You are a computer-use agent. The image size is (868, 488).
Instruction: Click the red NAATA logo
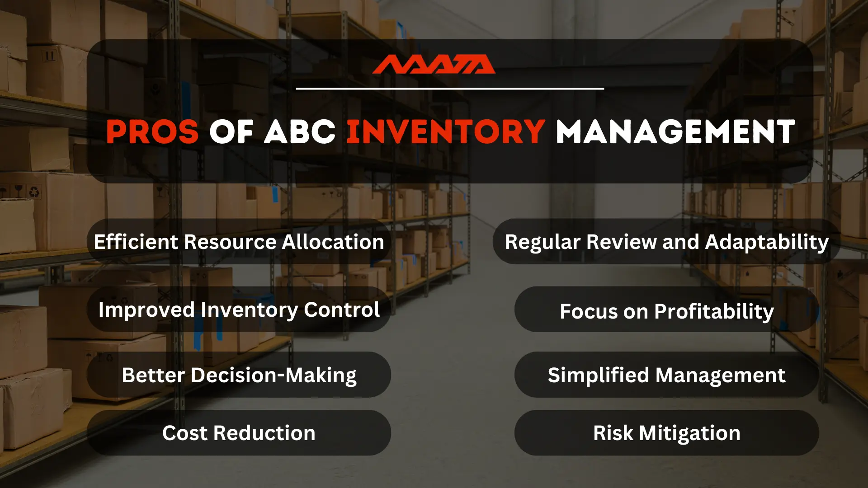434,65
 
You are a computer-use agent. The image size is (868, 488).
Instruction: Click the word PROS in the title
152,132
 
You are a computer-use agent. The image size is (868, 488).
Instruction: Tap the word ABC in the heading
300,132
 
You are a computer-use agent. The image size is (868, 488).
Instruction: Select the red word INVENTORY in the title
446,132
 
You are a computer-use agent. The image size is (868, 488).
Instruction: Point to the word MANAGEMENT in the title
675,132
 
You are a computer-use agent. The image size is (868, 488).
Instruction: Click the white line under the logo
450,89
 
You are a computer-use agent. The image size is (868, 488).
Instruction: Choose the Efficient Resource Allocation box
239,242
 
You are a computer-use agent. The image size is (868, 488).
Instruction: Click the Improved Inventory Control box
239,310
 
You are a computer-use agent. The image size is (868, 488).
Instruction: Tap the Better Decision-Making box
239,375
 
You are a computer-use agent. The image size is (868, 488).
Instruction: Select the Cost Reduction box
239,433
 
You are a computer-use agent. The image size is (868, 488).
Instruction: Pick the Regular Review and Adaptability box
666,242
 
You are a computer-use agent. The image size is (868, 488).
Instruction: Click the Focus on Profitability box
666,311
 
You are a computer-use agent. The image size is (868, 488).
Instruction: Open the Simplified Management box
666,375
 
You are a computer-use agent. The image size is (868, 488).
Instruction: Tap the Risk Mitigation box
666,433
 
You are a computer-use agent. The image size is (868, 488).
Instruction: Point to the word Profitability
714,312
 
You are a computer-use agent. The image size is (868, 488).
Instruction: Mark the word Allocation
333,242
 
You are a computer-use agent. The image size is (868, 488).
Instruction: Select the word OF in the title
231,132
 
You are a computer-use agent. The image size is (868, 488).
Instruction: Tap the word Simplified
599,375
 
